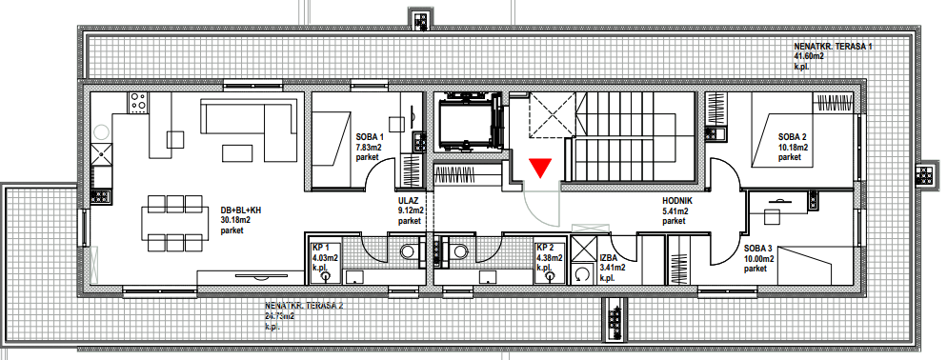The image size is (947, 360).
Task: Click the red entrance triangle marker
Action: (x=540, y=168)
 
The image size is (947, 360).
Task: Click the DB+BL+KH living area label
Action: (x=241, y=210)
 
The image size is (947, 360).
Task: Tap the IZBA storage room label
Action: (x=610, y=257)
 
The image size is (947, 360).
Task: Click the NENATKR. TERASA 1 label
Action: (x=833, y=47)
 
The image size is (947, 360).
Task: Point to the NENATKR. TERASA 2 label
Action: (x=305, y=306)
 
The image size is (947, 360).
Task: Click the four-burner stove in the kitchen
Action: (x=138, y=102)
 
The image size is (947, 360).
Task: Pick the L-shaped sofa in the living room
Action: (x=249, y=118)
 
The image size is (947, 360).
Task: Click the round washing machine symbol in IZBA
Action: (x=581, y=274)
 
